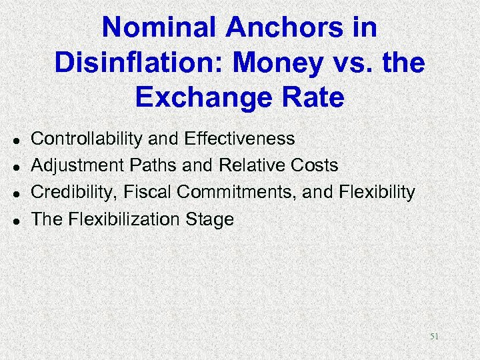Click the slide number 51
(434, 337)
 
